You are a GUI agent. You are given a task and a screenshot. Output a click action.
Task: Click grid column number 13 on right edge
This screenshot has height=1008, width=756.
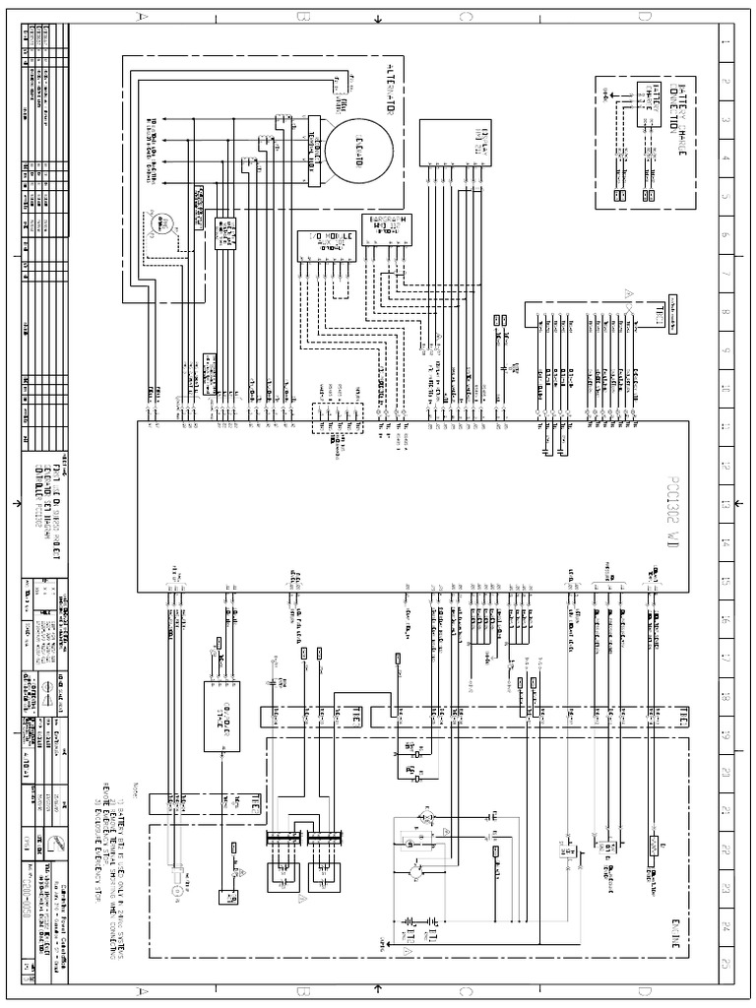725,503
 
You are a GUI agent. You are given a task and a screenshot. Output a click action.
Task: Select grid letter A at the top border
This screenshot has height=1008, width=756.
144,17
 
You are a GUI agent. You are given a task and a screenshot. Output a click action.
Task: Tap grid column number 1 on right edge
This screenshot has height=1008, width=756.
725,43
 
